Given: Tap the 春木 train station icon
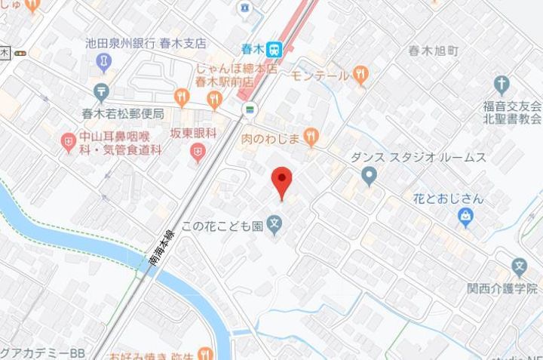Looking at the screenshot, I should coord(275,49).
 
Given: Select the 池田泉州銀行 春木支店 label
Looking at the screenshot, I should coord(146,44).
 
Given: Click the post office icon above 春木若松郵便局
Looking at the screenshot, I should coord(103,91).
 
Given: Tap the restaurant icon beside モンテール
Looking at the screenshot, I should coord(362,75).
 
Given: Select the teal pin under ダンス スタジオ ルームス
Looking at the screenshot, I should coord(369,177).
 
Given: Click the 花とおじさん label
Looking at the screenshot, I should coord(448,200).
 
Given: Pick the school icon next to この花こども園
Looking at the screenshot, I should coord(276,225).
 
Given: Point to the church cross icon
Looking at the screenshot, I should coord(502,84).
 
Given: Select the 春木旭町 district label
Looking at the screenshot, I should coord(433,51).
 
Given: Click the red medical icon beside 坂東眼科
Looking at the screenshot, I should coord(198,154).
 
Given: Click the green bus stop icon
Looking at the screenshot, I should coord(247,109).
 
